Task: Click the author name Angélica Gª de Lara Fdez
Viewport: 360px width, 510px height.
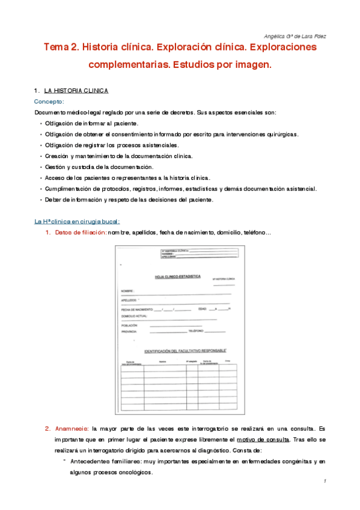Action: (x=295, y=35)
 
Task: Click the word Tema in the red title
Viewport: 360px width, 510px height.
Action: (x=56, y=47)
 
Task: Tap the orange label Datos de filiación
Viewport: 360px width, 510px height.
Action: (x=79, y=233)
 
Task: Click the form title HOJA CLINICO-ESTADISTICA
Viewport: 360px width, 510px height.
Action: (x=177, y=277)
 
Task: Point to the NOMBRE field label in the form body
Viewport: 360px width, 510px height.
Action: (x=127, y=290)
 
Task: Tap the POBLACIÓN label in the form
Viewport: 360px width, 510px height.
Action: (x=130, y=325)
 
